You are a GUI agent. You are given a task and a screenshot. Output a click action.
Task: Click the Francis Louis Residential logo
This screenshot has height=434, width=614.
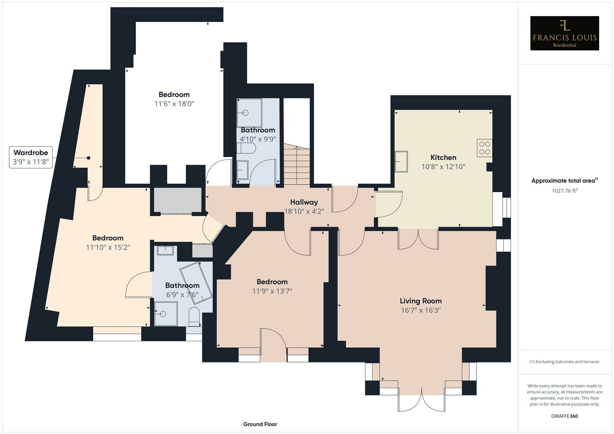564,33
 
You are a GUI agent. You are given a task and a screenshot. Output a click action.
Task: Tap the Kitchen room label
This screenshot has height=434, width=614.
443,158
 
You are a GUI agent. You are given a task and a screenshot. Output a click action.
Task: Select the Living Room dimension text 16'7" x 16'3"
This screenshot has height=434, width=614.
421,310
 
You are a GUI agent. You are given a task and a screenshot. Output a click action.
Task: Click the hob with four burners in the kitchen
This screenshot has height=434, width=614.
485,148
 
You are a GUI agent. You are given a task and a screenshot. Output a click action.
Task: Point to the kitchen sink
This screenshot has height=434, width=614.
401,161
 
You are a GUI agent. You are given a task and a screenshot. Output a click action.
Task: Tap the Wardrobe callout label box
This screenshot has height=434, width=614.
31,157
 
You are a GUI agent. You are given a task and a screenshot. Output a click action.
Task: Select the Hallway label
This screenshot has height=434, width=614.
304,202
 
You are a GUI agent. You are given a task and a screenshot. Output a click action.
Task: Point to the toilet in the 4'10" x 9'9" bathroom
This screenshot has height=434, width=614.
246,149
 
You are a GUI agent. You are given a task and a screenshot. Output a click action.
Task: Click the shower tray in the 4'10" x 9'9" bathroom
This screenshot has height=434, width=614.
249,113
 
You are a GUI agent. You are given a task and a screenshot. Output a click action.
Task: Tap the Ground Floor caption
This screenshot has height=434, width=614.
260,424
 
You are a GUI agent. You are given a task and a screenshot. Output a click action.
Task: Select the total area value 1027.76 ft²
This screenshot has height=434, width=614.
564,191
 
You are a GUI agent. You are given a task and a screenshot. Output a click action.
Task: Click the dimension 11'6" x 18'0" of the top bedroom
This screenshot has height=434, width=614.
174,104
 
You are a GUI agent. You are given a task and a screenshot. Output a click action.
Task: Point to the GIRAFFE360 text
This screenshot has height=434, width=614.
564,416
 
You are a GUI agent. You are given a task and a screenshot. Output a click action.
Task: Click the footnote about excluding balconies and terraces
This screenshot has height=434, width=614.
564,362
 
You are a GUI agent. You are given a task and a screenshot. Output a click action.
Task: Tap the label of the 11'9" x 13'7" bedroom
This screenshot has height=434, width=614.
272,282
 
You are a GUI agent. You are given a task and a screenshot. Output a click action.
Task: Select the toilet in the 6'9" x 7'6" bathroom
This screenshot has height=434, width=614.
194,316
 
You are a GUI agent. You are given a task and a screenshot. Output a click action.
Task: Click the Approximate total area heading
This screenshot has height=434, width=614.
564,181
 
